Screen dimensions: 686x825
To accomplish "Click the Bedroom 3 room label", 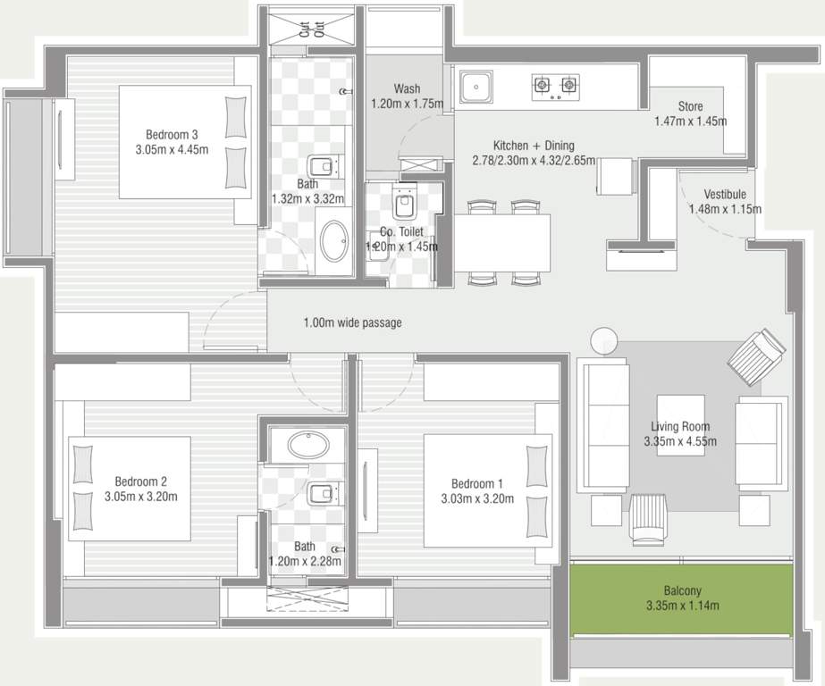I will click(x=172, y=135).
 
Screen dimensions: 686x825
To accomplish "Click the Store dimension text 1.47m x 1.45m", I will click(x=690, y=121).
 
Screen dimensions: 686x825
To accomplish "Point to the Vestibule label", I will click(x=725, y=195).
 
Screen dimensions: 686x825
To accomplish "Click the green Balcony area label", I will click(x=682, y=590).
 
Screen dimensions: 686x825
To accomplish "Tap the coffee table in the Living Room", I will click(x=680, y=425).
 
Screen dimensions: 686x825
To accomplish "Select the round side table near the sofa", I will click(x=604, y=340).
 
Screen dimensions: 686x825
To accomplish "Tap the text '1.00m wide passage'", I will click(x=352, y=322).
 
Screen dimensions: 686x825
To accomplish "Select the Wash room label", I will click(x=407, y=89).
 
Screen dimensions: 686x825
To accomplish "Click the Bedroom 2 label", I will click(x=140, y=481).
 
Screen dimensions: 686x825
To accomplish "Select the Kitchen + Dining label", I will click(x=534, y=146).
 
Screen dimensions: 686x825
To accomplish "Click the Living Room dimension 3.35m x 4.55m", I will click(x=680, y=441).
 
